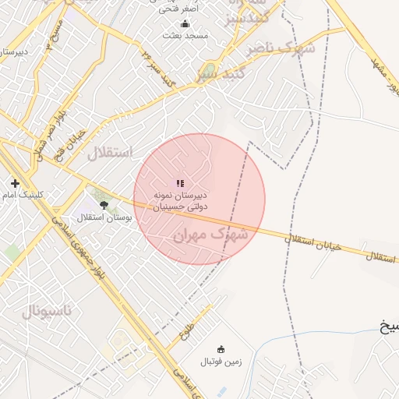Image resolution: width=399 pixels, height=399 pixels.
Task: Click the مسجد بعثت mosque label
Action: [x=185, y=35]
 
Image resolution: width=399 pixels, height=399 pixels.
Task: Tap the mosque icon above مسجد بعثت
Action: [x=185, y=23]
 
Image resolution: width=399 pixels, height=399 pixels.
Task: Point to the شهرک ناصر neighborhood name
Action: [x=281, y=49]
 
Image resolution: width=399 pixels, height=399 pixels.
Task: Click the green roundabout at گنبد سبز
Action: [x=208, y=71]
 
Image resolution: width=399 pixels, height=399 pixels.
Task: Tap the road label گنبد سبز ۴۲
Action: [x=159, y=68]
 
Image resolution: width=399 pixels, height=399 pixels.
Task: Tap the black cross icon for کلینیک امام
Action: [x=15, y=183]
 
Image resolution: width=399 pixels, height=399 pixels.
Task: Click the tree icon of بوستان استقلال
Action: [x=104, y=204]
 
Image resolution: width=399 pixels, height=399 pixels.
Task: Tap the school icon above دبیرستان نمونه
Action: [x=180, y=183]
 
